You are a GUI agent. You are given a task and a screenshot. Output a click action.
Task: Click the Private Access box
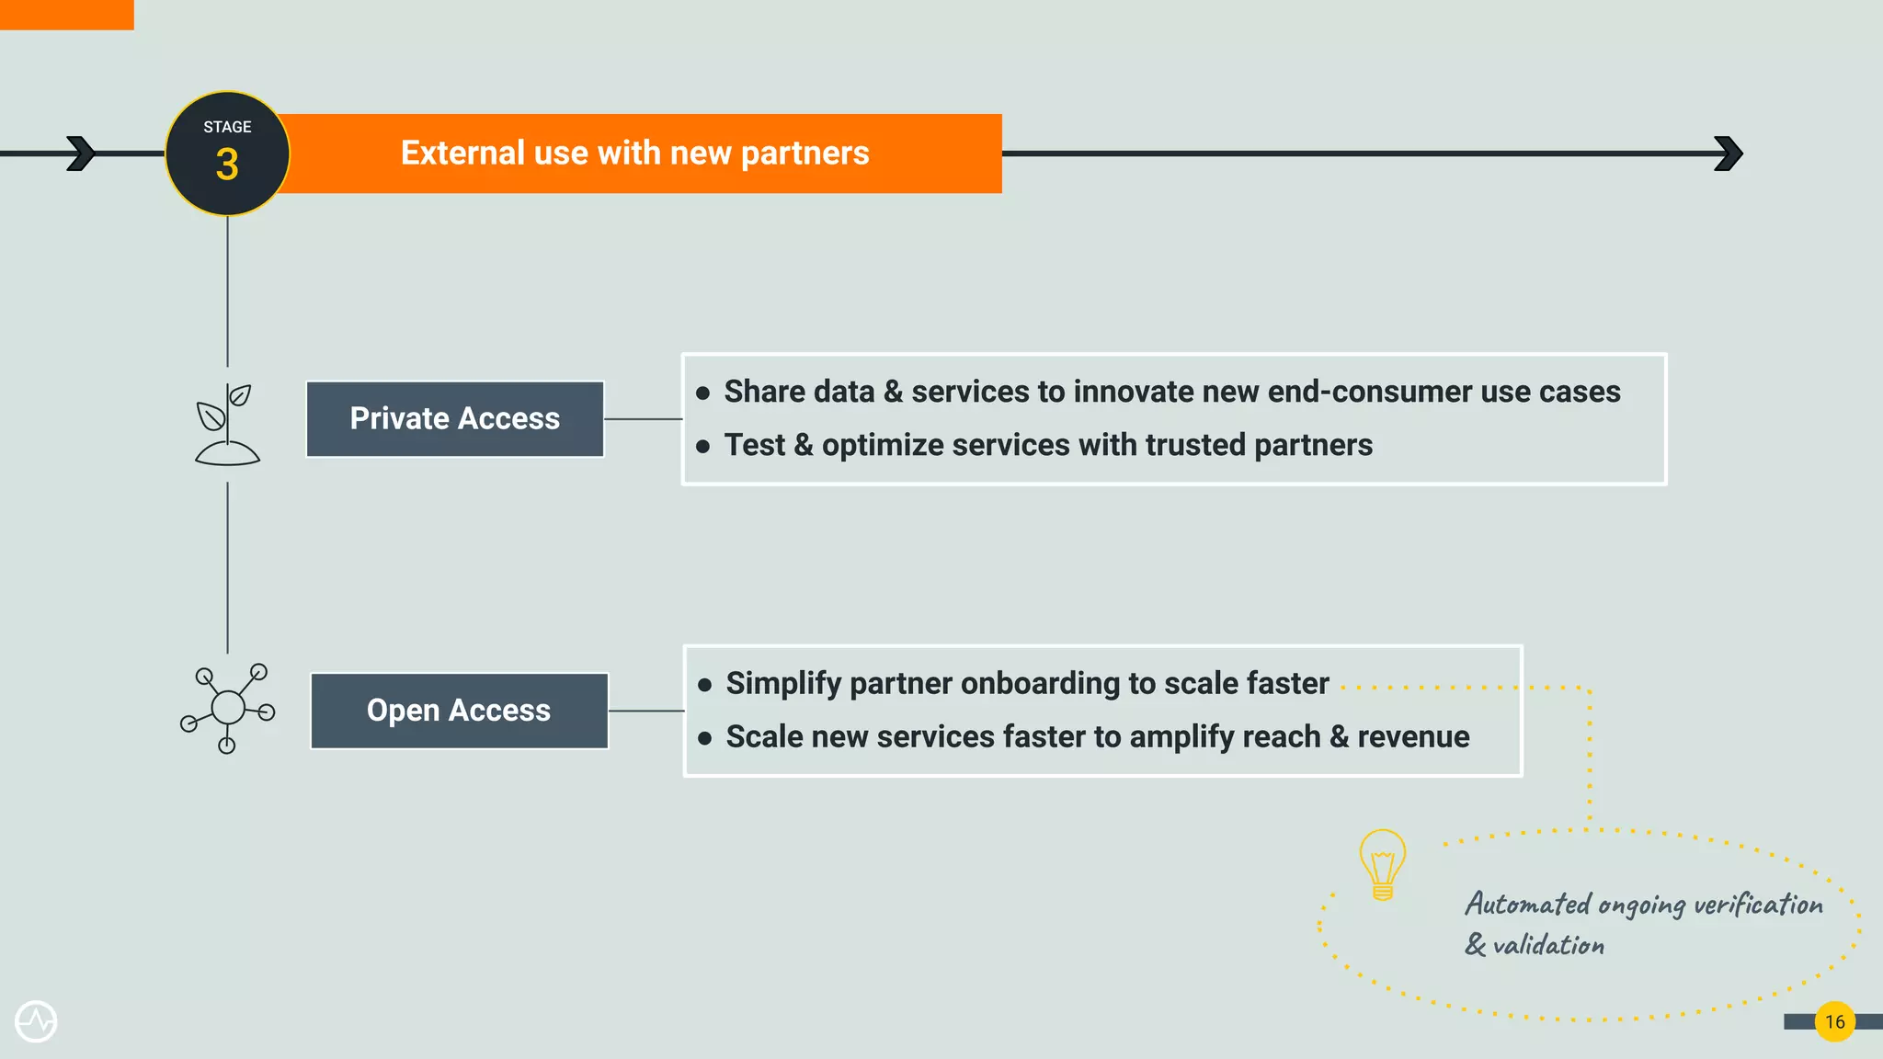[x=455, y=419]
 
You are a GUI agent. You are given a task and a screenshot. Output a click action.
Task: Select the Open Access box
[x=459, y=711]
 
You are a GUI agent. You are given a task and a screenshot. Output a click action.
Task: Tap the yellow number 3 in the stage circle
[x=227, y=165]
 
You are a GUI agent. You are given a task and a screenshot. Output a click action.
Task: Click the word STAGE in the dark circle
[x=227, y=127]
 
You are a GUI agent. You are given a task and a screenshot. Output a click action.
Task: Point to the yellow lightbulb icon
[x=1382, y=864]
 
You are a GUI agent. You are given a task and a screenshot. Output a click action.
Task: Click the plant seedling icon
[x=227, y=425]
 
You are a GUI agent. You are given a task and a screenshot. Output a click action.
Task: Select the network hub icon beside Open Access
[x=228, y=708]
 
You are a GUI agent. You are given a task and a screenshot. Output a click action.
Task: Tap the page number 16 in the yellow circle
[x=1834, y=1021]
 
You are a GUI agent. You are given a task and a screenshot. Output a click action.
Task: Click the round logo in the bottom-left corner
[x=36, y=1021]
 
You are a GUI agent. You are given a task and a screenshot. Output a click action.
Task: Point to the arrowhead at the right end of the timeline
[x=1729, y=154]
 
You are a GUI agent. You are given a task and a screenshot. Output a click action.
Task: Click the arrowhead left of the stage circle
[x=82, y=154]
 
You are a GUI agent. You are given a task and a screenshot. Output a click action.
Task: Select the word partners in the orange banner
[x=805, y=154]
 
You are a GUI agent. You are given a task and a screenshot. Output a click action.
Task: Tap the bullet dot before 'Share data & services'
[x=703, y=393]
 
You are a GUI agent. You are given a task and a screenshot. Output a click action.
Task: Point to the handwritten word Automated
[x=1527, y=905]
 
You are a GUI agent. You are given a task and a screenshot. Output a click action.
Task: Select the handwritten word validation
[x=1548, y=945]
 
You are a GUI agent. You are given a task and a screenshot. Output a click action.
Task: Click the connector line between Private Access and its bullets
[x=643, y=419]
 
